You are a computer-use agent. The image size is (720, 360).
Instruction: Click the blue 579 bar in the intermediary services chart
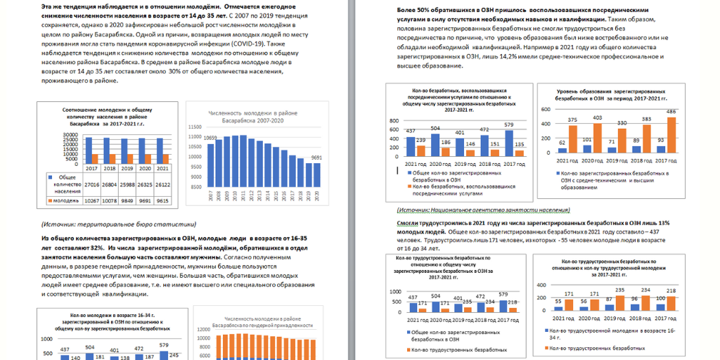[509, 140]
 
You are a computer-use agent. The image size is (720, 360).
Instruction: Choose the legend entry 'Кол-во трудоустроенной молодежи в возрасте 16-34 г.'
[610, 333]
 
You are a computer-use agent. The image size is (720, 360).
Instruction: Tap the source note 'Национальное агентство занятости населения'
[494, 210]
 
